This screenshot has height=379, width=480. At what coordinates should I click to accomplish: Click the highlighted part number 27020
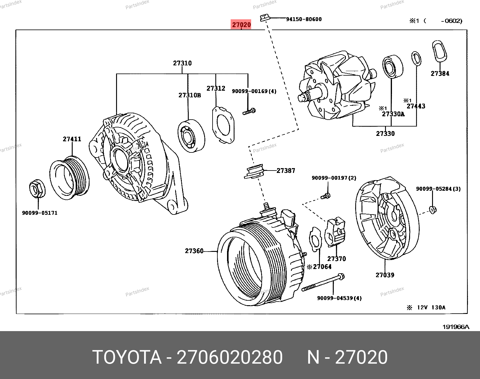(241, 24)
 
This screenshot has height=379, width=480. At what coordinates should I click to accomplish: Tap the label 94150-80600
(304, 19)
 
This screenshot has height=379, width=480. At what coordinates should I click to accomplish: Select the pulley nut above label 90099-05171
(37, 189)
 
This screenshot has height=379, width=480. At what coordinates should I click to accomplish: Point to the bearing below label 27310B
(191, 136)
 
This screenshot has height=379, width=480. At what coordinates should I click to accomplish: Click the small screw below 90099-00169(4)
(249, 112)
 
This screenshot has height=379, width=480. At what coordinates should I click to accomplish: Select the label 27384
(440, 74)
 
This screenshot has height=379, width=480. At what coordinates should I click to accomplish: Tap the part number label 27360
(194, 251)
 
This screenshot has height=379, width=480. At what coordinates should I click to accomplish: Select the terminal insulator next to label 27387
(254, 172)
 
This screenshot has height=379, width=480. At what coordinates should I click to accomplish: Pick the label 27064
(322, 267)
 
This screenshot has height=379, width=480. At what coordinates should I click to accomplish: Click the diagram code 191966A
(456, 327)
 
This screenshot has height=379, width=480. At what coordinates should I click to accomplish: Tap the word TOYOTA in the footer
(127, 357)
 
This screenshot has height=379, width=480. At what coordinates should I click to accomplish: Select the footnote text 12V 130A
(431, 307)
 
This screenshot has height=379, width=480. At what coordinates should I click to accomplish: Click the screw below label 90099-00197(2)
(326, 196)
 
